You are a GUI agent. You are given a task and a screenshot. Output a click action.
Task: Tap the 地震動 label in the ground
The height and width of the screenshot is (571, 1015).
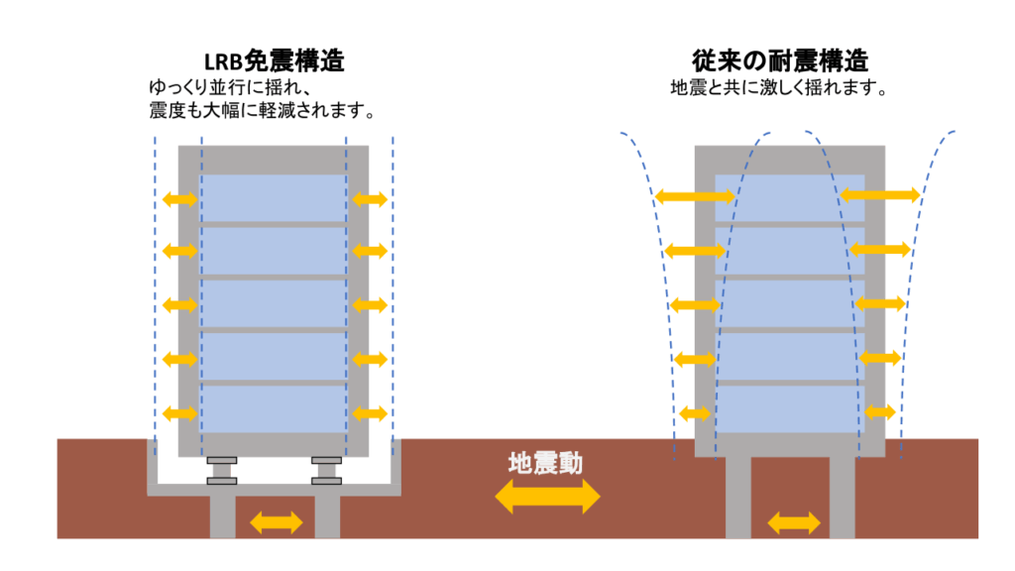click(546, 462)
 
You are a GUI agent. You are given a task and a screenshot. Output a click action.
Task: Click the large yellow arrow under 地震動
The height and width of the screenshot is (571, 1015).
click(547, 496)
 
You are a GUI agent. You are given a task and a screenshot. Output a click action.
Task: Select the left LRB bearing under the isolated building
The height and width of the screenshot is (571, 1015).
click(222, 471)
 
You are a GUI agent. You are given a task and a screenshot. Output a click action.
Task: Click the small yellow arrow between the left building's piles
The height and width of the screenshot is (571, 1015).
click(275, 520)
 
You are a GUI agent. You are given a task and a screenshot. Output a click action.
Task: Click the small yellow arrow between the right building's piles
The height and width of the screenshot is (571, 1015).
click(795, 521)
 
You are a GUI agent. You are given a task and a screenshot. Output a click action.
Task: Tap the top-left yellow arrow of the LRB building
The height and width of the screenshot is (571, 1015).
click(179, 199)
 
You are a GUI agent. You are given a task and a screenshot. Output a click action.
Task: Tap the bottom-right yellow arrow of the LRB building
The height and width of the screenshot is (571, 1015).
click(369, 412)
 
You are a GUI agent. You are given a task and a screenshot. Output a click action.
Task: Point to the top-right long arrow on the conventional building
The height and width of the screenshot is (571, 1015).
click(879, 194)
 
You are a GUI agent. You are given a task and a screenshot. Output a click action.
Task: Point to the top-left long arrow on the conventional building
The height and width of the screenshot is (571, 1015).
click(695, 196)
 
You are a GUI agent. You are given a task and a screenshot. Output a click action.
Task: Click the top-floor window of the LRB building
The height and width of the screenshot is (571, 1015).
click(274, 198)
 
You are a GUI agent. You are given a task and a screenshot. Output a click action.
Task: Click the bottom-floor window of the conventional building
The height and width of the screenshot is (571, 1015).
click(789, 408)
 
